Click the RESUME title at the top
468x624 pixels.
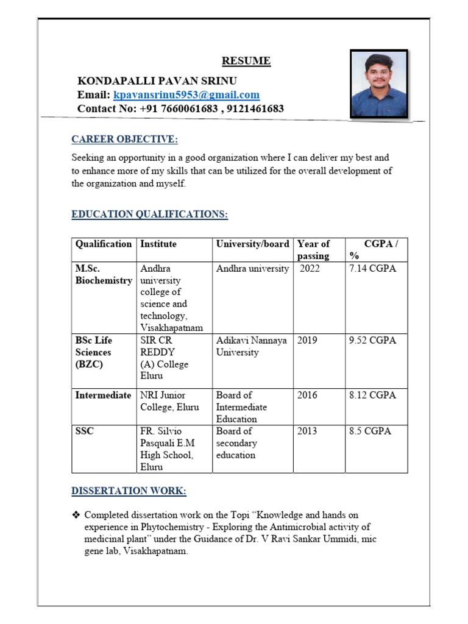pos(246,61)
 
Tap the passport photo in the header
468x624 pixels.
pos(378,83)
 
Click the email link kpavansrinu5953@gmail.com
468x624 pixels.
pos(186,95)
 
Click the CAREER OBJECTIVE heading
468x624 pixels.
pos(124,140)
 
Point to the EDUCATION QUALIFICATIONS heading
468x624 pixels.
pos(149,214)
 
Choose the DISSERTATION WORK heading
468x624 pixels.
pos(129,491)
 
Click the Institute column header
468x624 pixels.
pos(158,244)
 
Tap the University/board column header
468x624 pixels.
pos(252,244)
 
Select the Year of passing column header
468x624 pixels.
pos(313,250)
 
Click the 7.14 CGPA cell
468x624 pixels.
pos(372,269)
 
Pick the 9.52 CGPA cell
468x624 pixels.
pos(372,341)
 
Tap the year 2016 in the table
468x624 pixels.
pos(307,395)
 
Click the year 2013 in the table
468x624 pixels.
pos(307,431)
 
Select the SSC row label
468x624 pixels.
pos(84,431)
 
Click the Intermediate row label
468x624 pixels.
pos(103,395)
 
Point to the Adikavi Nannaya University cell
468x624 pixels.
pos(251,346)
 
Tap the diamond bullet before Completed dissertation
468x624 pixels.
pos(76,515)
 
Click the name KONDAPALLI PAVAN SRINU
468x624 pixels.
pos(157,81)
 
